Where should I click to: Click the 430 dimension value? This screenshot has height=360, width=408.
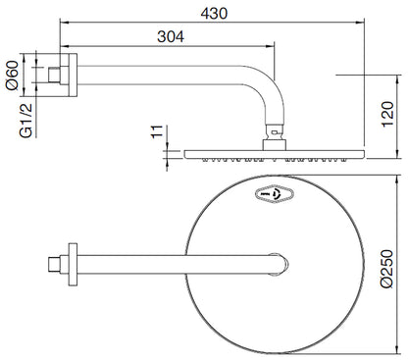214,14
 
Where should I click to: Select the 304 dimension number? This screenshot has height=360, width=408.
171,36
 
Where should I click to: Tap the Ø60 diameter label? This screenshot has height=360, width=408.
13,76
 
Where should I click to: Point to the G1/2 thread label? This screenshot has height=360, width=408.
26,121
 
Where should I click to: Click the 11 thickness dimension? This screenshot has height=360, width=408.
157,131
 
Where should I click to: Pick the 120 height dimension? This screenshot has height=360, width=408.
387,115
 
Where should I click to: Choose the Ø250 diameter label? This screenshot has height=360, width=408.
387,269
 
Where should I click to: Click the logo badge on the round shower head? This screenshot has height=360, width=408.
274,194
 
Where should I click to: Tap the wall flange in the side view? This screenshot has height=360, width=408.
73,76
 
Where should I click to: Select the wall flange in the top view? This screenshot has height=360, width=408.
73,265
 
